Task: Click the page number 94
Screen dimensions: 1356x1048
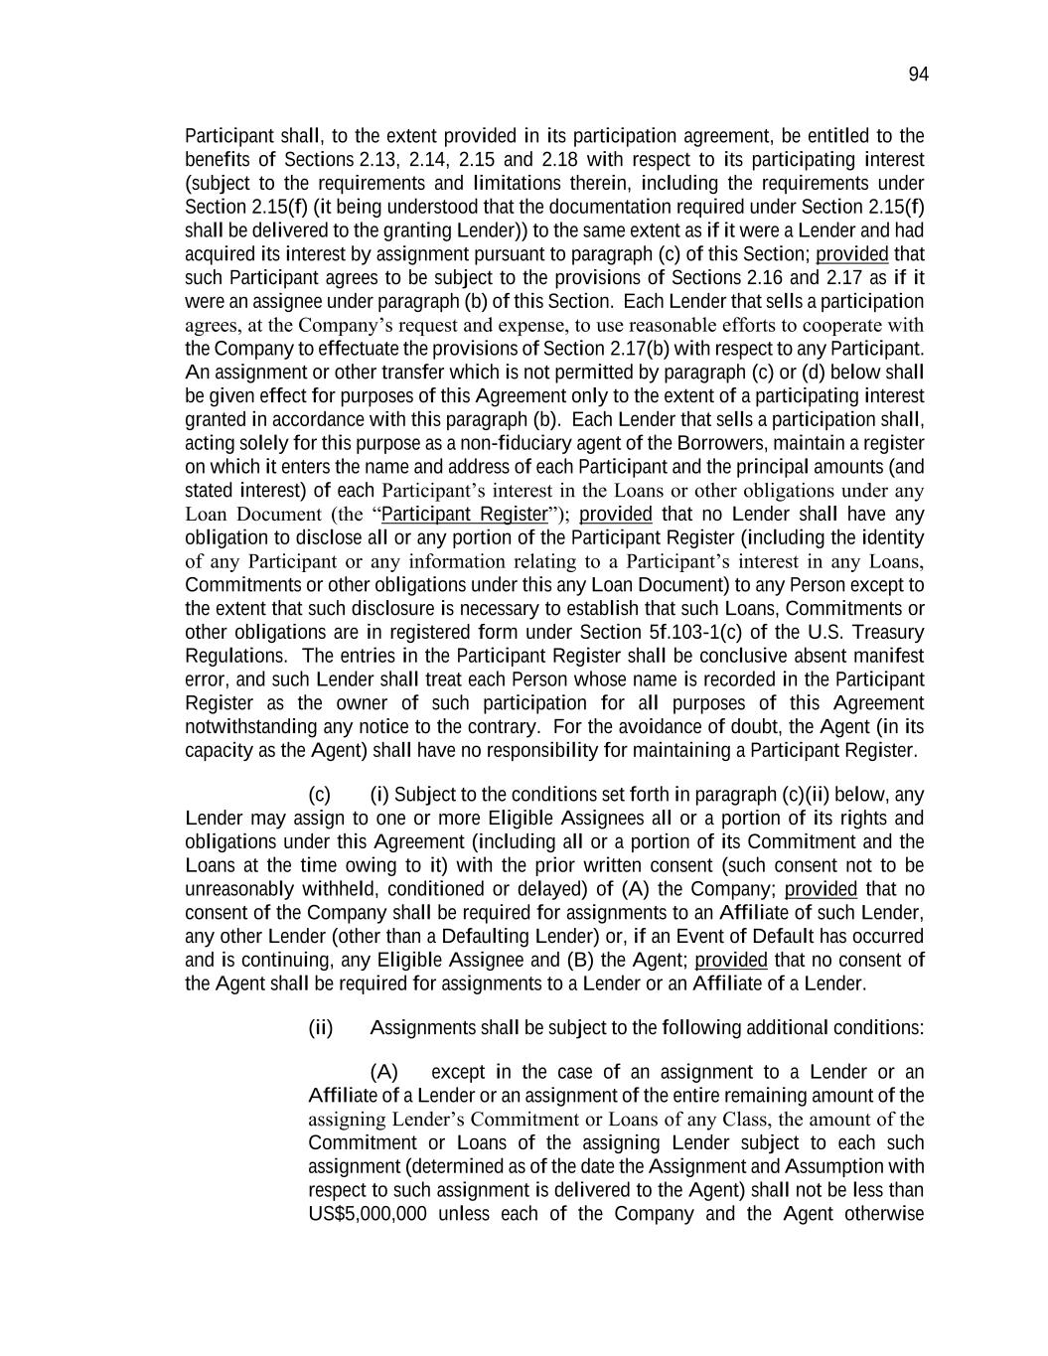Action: [x=918, y=75]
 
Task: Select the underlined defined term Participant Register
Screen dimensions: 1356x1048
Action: [x=465, y=515]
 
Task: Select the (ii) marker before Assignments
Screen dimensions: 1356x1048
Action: [x=320, y=1027]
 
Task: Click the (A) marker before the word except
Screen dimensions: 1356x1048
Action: [x=383, y=1072]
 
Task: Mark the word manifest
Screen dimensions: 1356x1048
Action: [x=891, y=657]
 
